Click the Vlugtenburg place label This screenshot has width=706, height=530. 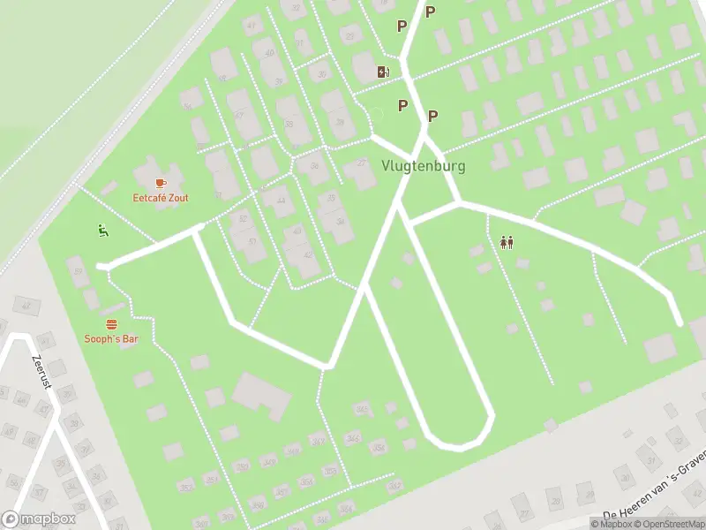click(x=423, y=165)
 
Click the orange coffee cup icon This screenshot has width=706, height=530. click(x=160, y=183)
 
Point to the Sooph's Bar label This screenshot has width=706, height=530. click(x=111, y=338)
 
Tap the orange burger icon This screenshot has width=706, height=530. click(x=111, y=324)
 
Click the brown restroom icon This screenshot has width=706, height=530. click(x=507, y=241)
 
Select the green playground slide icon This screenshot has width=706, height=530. click(x=103, y=231)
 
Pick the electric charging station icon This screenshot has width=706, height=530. click(x=383, y=72)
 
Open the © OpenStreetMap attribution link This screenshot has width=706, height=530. click(x=672, y=524)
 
